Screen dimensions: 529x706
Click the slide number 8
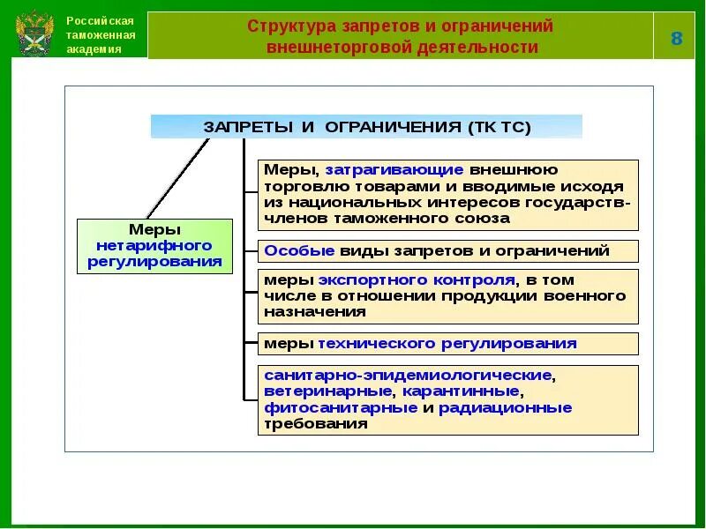pyautogui.click(x=676, y=38)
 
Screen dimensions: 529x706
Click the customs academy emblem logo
pyautogui.click(x=34, y=34)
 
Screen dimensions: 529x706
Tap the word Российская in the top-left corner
pyautogui.click(x=100, y=20)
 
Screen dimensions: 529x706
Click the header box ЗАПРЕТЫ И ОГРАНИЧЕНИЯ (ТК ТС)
pyautogui.click(x=366, y=127)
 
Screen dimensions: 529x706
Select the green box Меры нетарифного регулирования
pyautogui.click(x=154, y=246)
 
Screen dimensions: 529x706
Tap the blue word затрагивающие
pyautogui.click(x=394, y=169)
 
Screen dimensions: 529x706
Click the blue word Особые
pyautogui.click(x=299, y=250)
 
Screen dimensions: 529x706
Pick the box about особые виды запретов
pyautogui.click(x=447, y=250)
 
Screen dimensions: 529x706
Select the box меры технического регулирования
pyautogui.click(x=447, y=343)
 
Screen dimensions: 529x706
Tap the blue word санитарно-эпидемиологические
pyautogui.click(x=408, y=375)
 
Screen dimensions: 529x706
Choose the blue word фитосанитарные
pyautogui.click(x=340, y=407)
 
